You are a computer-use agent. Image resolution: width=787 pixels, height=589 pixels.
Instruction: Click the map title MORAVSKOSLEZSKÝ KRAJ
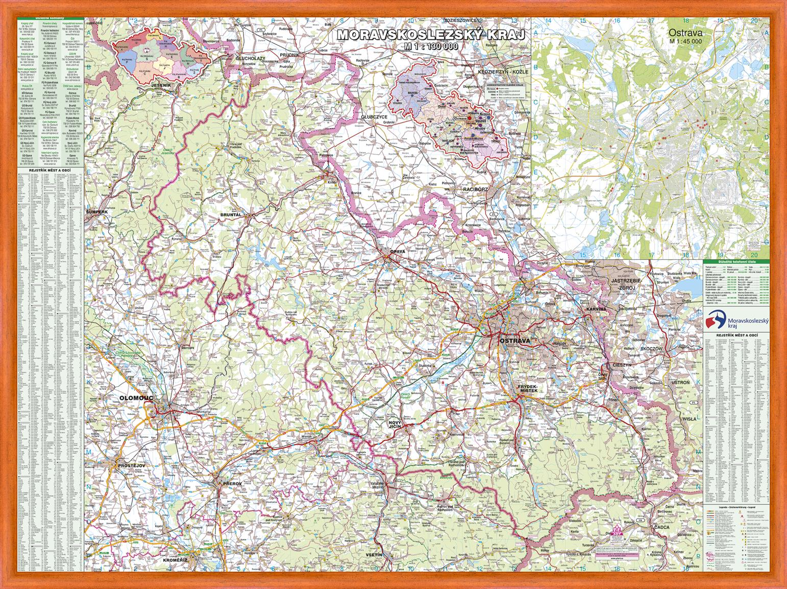430,35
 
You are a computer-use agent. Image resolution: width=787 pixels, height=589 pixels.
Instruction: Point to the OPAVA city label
397,252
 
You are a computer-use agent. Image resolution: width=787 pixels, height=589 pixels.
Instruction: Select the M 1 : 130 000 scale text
430,46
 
